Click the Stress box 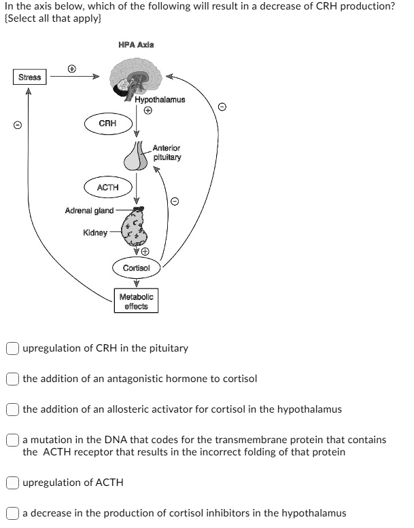(29, 77)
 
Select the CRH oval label (107, 124)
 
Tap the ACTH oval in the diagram (107, 187)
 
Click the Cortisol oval (137, 268)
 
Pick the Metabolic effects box (137, 301)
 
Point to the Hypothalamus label (160, 99)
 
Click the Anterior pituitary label (167, 152)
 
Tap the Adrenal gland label (89, 210)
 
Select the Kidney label (94, 233)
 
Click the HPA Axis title (136, 45)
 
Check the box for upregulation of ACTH (14, 483)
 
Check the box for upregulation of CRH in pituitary (14, 348)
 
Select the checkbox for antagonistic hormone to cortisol (14, 378)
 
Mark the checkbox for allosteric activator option (14, 409)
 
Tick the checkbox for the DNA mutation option (14, 440)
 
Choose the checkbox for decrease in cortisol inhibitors (14, 513)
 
